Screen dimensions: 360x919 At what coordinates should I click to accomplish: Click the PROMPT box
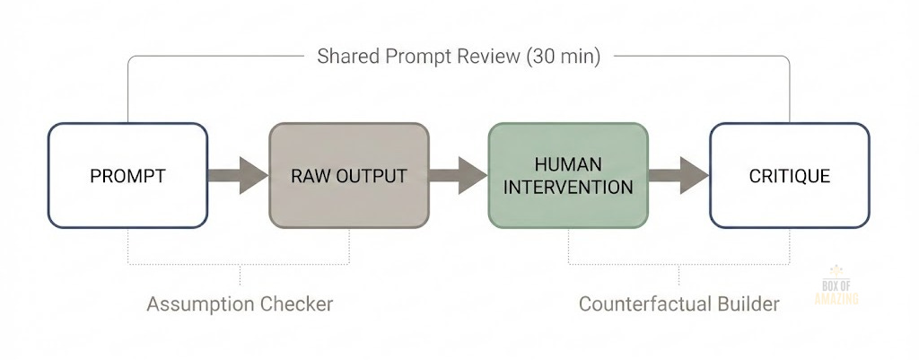click(x=127, y=175)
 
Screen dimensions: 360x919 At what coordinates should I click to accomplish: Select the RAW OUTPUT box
click(x=348, y=175)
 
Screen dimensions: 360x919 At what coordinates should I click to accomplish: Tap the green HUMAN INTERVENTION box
click(x=567, y=175)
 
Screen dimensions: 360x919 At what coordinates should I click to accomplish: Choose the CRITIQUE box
click(x=789, y=175)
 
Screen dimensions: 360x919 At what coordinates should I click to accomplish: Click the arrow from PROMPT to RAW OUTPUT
click(x=238, y=175)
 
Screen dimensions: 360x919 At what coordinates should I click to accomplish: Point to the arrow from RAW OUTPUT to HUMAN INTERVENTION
click(x=458, y=175)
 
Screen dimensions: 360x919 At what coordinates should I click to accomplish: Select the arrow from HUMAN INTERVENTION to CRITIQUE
click(x=678, y=175)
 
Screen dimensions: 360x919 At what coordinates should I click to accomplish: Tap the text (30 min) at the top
click(x=564, y=57)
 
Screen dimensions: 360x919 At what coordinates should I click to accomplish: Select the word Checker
click(x=299, y=304)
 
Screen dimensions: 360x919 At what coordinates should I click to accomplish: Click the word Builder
click(x=748, y=304)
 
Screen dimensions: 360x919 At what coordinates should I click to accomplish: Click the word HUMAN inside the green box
click(x=567, y=164)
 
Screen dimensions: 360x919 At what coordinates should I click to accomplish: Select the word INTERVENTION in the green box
click(x=567, y=187)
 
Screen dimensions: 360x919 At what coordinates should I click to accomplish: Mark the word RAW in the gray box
click(x=309, y=176)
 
